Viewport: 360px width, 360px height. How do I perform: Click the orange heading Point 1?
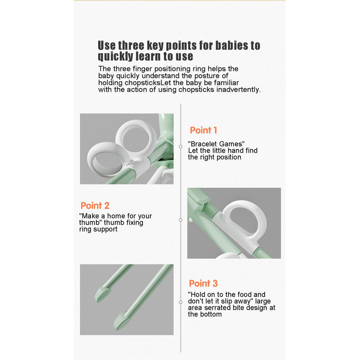point(203,130)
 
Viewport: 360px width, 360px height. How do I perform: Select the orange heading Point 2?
point(95,206)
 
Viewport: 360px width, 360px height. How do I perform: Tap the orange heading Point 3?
point(203,283)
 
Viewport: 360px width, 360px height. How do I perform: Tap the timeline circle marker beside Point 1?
point(180,146)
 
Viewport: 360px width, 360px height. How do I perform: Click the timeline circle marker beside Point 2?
point(180,220)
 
